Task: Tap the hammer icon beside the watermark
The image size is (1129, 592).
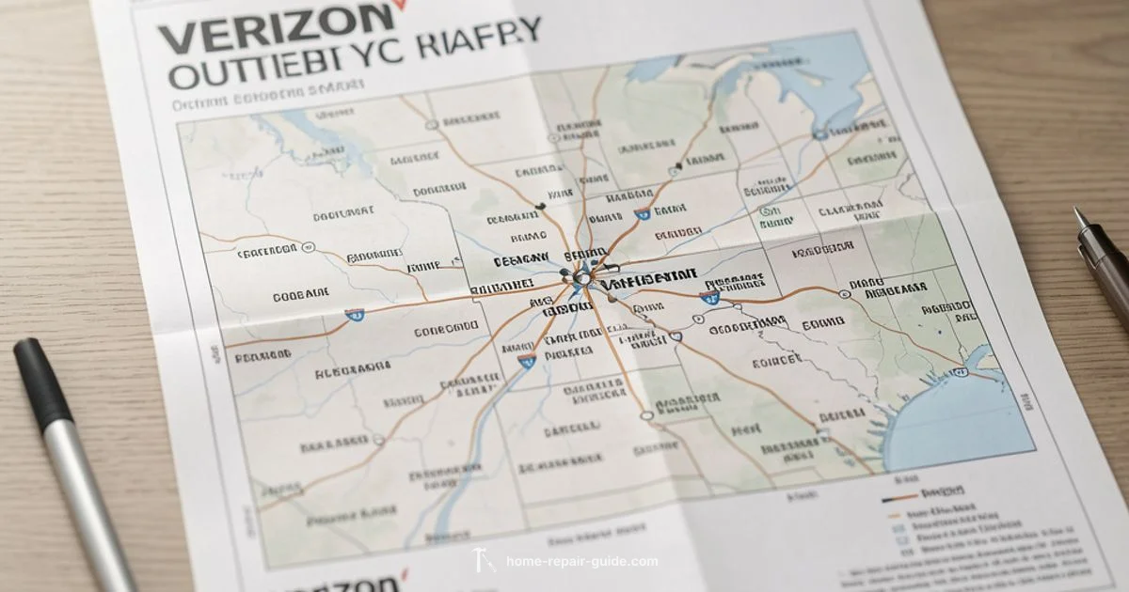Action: (481, 561)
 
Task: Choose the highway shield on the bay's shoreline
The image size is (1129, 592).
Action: (960, 372)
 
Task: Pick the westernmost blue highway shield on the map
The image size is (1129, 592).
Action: (355, 316)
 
